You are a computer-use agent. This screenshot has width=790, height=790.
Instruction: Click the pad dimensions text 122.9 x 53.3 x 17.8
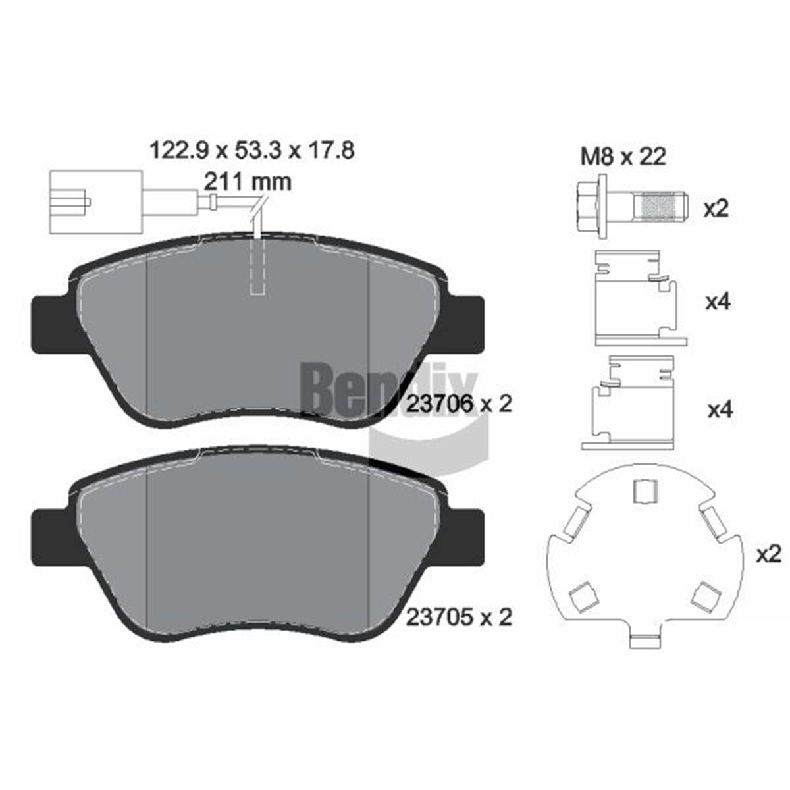click(x=252, y=150)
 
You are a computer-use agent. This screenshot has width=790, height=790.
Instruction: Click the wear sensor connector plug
click(x=96, y=203)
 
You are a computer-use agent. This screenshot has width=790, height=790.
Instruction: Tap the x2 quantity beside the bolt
click(x=716, y=209)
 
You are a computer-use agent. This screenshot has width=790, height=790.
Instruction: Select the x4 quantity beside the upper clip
click(x=718, y=302)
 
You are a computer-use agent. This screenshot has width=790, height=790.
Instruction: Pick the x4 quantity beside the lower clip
click(x=720, y=409)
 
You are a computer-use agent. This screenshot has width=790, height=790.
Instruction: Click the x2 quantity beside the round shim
click(x=769, y=555)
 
